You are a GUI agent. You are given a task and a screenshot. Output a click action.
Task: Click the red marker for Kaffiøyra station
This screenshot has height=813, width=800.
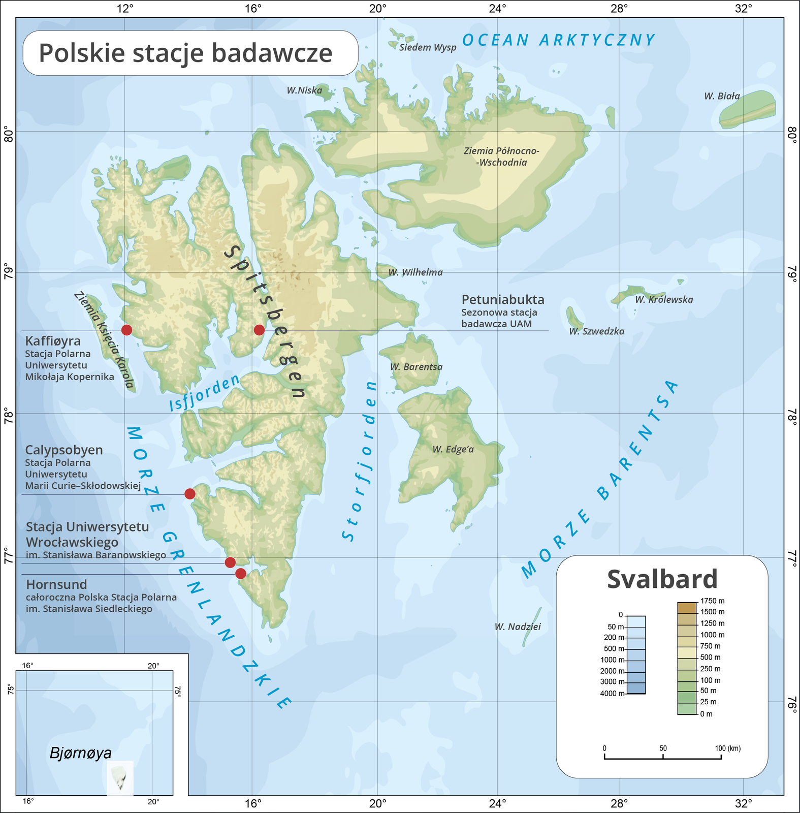126,330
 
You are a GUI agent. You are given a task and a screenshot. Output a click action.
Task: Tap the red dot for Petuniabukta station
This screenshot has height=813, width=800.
259,330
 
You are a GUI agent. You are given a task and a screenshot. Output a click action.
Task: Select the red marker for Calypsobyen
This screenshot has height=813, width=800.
189,493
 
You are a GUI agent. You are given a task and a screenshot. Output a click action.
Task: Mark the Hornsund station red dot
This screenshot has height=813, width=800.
241,574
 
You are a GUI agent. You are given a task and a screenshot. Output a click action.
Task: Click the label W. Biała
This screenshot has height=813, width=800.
722,96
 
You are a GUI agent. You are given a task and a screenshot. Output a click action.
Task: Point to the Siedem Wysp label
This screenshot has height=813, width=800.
428,48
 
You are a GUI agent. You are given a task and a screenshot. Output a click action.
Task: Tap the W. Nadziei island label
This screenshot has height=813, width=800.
518,627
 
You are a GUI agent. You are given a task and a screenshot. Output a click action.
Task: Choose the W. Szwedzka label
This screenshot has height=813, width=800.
596,331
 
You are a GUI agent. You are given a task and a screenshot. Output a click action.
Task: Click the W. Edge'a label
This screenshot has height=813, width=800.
453,449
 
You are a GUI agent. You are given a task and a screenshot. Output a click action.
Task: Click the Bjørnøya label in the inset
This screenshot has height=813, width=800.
81,753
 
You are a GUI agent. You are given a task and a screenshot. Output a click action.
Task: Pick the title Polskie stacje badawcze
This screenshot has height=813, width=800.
186,53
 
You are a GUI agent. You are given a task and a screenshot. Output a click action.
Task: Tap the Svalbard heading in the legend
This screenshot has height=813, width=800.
662,579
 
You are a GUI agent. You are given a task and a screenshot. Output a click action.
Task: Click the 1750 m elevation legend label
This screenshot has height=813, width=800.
712,601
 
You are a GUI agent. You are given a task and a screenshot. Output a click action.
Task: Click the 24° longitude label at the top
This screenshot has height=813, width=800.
498,9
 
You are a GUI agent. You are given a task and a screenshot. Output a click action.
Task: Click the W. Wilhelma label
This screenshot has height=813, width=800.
415,272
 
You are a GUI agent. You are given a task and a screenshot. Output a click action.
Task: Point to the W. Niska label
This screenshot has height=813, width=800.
304,91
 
